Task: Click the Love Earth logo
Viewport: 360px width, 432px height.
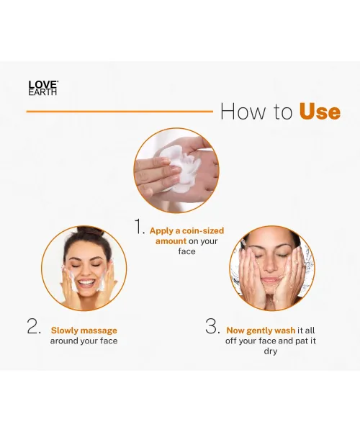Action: coord(42,88)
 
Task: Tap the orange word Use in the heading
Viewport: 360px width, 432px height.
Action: coord(319,112)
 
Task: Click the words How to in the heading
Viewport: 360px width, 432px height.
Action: coord(256,112)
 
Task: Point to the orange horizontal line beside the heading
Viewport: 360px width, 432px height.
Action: coord(119,112)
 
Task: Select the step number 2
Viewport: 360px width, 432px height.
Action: coord(34,326)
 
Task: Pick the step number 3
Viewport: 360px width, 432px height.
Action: coord(212,326)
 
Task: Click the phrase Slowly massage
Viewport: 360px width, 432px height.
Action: coord(84,330)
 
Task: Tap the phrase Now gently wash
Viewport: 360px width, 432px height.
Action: coord(261,330)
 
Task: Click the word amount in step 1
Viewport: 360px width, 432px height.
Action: coord(171,241)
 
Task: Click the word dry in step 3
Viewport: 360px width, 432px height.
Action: coord(271,351)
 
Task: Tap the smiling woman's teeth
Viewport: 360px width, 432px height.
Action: coord(84,282)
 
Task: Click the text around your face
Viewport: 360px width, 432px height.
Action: coord(84,341)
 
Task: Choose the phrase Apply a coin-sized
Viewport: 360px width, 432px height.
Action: coord(186,231)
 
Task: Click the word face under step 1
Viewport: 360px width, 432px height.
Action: coord(186,252)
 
